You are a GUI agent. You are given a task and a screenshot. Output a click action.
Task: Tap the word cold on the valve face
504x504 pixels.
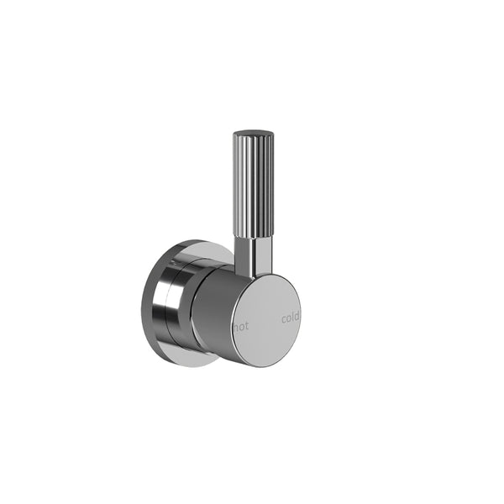(290, 318)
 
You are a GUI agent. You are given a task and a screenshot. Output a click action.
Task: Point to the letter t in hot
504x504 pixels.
(246, 324)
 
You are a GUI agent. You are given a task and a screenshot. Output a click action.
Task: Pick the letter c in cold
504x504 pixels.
(283, 319)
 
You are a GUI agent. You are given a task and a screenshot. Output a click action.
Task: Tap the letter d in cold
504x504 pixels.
(297, 317)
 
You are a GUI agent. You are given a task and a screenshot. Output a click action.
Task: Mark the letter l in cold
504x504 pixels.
(293, 318)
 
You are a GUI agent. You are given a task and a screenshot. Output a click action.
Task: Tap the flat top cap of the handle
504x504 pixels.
(252, 133)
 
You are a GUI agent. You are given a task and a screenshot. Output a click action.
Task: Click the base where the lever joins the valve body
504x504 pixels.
(252, 273)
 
